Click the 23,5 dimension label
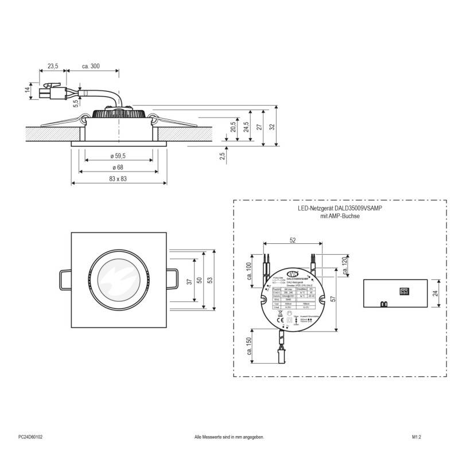[53, 67]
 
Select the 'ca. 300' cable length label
[91, 67]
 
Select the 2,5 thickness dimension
[222, 155]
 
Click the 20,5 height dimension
[233, 127]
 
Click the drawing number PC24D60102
[30, 437]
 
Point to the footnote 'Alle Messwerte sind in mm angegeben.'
[229, 437]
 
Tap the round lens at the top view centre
[119, 279]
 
